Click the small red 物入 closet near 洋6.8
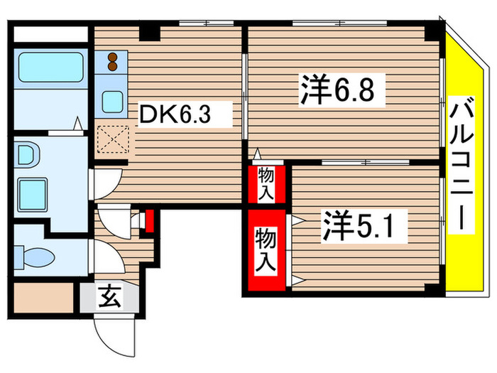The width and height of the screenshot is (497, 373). click(x=267, y=183)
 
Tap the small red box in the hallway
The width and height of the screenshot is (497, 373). click(x=148, y=222)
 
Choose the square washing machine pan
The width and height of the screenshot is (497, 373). click(x=32, y=193)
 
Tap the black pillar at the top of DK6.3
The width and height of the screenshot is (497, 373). click(x=150, y=32)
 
